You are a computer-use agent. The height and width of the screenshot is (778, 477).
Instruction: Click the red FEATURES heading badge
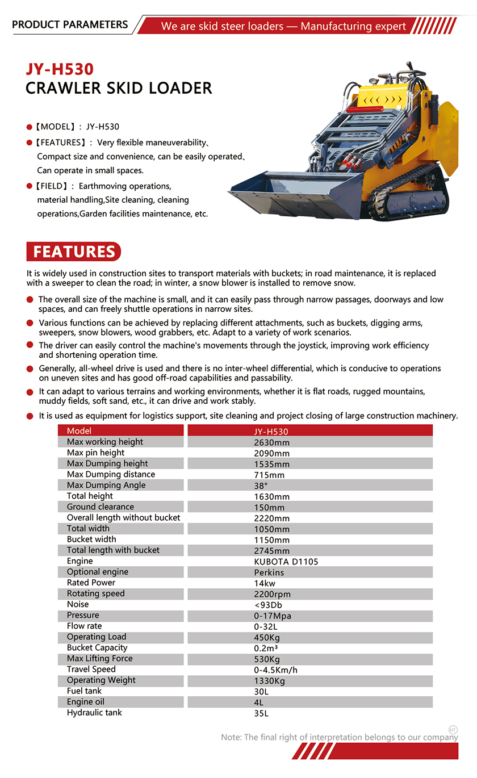(74, 252)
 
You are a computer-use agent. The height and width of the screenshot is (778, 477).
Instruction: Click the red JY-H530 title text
(59, 69)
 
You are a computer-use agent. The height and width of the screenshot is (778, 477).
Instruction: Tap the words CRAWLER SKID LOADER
(119, 89)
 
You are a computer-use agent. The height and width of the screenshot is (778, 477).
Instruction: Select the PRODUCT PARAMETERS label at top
(70, 24)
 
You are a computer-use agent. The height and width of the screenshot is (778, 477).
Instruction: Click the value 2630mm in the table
(272, 442)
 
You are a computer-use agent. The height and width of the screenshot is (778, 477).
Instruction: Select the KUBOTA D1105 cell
(286, 562)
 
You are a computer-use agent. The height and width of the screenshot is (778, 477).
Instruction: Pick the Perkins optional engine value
(269, 572)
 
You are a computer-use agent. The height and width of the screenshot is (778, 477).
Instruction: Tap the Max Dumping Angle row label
(106, 485)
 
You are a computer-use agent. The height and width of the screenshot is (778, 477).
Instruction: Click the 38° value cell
(261, 486)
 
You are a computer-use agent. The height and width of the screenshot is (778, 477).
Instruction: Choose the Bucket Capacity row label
(97, 647)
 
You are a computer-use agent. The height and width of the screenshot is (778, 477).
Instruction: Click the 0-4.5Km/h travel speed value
(276, 670)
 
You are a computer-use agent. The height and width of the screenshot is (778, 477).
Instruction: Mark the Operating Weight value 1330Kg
(270, 681)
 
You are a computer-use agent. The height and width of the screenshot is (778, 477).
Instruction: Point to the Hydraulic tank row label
(94, 713)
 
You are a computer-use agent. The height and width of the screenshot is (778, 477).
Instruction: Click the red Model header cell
(79, 431)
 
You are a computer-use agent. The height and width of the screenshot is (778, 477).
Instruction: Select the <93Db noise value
(268, 605)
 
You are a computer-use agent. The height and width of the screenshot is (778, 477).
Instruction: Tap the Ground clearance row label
(101, 507)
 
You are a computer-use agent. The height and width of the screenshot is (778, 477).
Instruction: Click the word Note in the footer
(231, 737)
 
